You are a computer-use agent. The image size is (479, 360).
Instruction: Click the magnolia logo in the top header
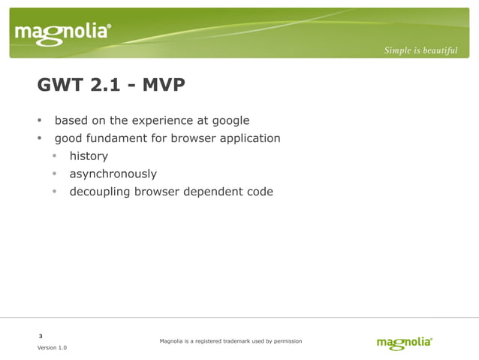[x=63, y=32]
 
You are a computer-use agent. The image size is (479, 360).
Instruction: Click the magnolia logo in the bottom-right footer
[x=404, y=343]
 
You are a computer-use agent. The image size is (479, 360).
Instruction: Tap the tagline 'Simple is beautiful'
[x=420, y=50]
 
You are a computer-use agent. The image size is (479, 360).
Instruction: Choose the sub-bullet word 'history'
[x=89, y=156]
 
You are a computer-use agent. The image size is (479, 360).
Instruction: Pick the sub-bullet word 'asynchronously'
[x=113, y=174]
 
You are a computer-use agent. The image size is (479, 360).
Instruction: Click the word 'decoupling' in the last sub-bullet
[x=101, y=192]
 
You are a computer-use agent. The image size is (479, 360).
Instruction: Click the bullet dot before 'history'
[x=55, y=156]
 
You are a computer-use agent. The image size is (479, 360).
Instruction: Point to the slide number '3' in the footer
[x=41, y=335]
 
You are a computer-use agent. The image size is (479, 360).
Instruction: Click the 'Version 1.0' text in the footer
[x=52, y=348]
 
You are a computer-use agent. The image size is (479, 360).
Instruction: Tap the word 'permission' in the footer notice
[x=286, y=341]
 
